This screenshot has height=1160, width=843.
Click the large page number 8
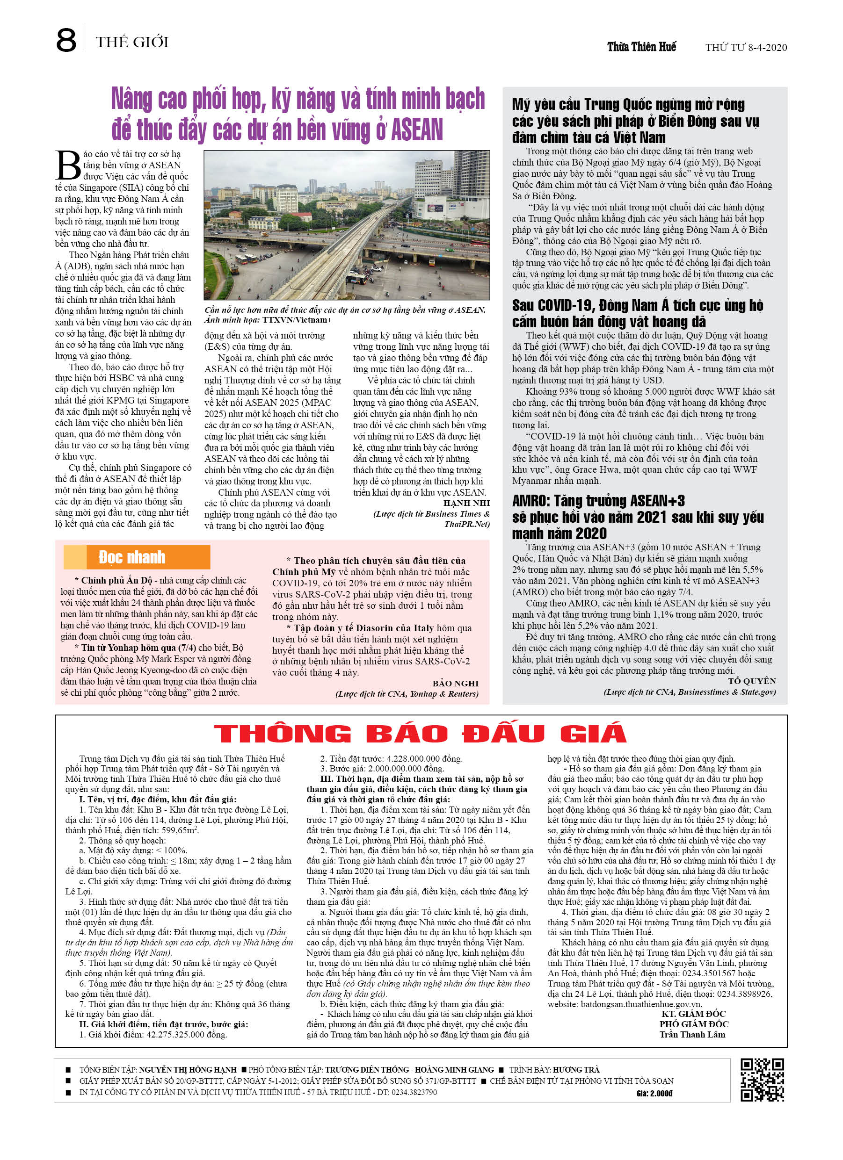[x=66, y=41]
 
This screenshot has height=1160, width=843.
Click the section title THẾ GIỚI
[x=132, y=42]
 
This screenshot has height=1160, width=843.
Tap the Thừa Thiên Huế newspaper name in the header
[x=641, y=47]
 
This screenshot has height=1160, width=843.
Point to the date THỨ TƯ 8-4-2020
[x=746, y=48]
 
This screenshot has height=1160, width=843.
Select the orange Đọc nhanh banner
[x=137, y=557]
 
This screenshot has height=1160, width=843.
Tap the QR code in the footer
[x=762, y=1080]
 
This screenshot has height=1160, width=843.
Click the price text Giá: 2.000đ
[x=654, y=1094]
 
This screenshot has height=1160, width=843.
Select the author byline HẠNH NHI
[x=466, y=503]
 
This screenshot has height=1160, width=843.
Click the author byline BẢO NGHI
[x=456, y=683]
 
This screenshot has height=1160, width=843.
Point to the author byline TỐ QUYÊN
[x=752, y=681]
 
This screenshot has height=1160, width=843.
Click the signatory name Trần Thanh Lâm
[x=692, y=1034]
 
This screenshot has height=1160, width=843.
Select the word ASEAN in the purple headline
[x=416, y=130]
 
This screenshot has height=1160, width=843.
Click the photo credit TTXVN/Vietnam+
[x=298, y=320]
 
